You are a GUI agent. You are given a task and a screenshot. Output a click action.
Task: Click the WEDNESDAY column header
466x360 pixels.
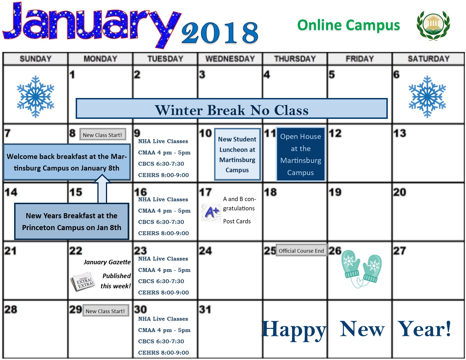230,59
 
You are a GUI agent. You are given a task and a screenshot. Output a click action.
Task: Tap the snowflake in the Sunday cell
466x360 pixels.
36,97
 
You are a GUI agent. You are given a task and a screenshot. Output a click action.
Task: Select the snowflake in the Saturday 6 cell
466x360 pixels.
427,97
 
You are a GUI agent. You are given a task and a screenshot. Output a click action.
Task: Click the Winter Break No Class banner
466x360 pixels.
232,109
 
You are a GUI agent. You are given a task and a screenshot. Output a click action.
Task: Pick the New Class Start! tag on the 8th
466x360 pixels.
103,135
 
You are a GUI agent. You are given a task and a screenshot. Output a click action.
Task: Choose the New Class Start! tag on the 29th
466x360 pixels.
105,311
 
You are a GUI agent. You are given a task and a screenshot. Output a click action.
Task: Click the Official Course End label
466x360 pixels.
301,250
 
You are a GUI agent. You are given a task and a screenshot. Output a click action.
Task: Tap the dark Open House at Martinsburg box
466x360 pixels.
300,154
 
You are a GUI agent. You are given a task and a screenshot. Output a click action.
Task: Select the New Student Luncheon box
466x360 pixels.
237,154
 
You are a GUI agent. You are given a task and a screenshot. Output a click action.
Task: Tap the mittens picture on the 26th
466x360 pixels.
361,268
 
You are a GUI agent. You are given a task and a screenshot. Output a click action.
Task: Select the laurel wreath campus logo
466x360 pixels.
433,25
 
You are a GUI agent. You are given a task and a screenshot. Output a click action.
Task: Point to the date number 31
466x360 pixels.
205,309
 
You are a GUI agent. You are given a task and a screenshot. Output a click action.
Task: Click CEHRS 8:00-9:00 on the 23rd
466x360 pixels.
163,293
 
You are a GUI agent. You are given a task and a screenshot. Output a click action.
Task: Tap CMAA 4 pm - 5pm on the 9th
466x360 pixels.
164,152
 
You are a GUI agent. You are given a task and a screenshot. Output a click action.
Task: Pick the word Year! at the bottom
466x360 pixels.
424,329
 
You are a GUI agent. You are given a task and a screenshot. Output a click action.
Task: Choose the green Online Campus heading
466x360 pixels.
349,25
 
